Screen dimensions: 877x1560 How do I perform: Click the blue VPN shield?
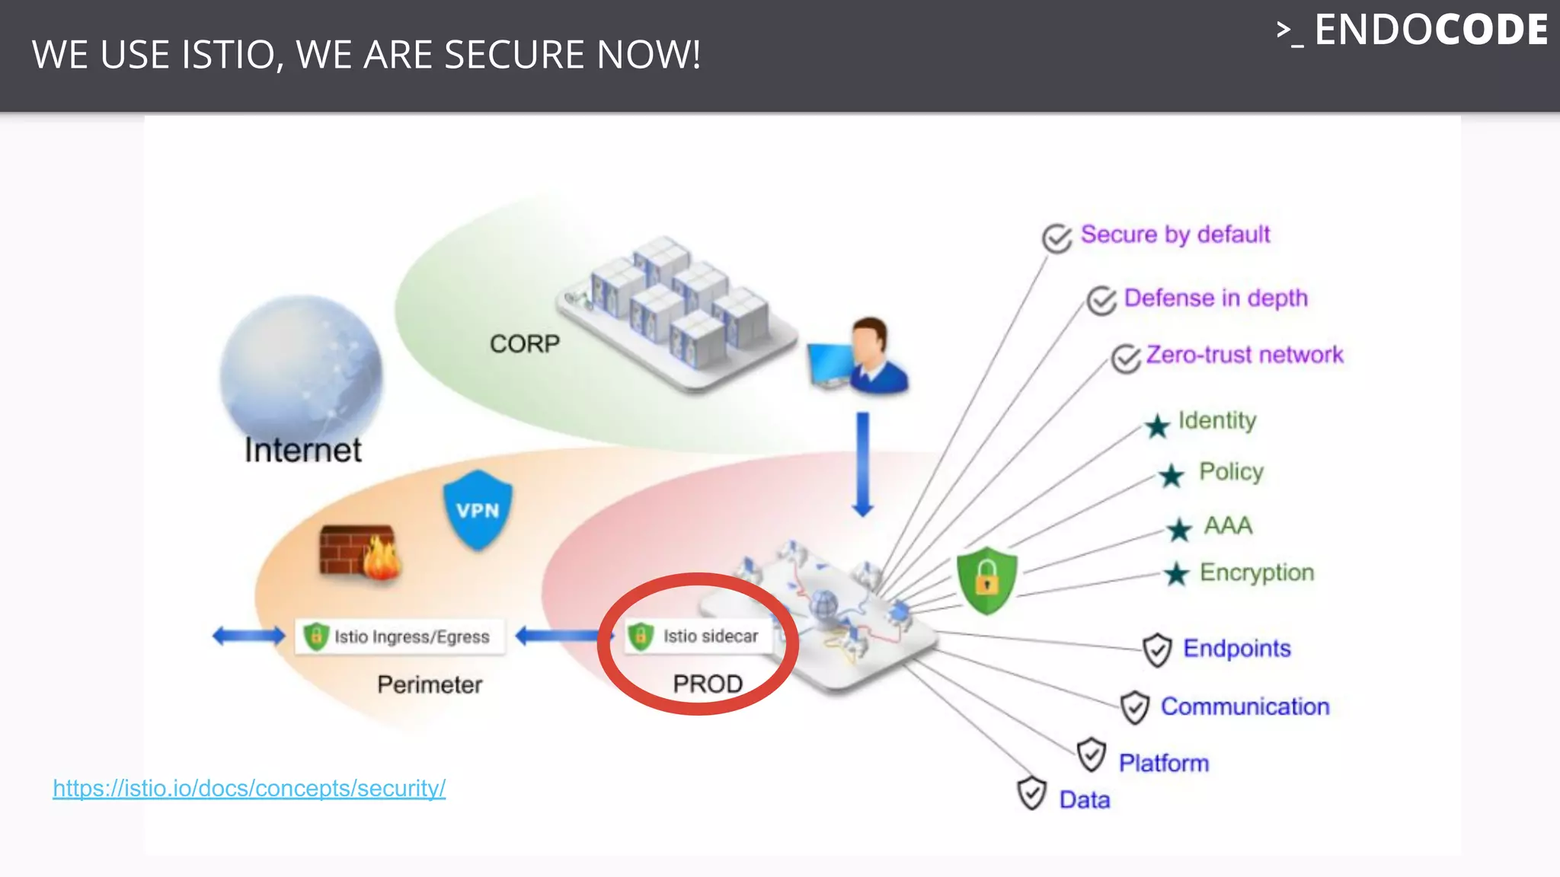tap(478, 509)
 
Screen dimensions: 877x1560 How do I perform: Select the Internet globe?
tap(301, 365)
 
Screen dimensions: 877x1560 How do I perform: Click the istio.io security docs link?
tap(249, 788)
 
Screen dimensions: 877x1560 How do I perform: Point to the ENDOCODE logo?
tap(1412, 30)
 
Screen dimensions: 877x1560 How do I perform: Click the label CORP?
tap(524, 344)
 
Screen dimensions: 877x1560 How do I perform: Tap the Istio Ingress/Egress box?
tap(399, 636)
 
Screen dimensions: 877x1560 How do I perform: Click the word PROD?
tap(708, 684)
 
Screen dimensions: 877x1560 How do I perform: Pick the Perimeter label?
tap(430, 684)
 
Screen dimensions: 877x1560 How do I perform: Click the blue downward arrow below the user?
tap(863, 464)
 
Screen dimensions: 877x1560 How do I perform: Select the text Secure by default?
tap(1175, 234)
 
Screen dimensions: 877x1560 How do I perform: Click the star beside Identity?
tap(1157, 426)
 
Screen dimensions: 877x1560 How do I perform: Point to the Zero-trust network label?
tap(1245, 355)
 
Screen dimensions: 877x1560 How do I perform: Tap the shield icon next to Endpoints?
tap(1156, 649)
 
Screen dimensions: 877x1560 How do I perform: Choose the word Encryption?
tap(1257, 572)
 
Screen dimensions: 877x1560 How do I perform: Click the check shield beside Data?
tap(1031, 793)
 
